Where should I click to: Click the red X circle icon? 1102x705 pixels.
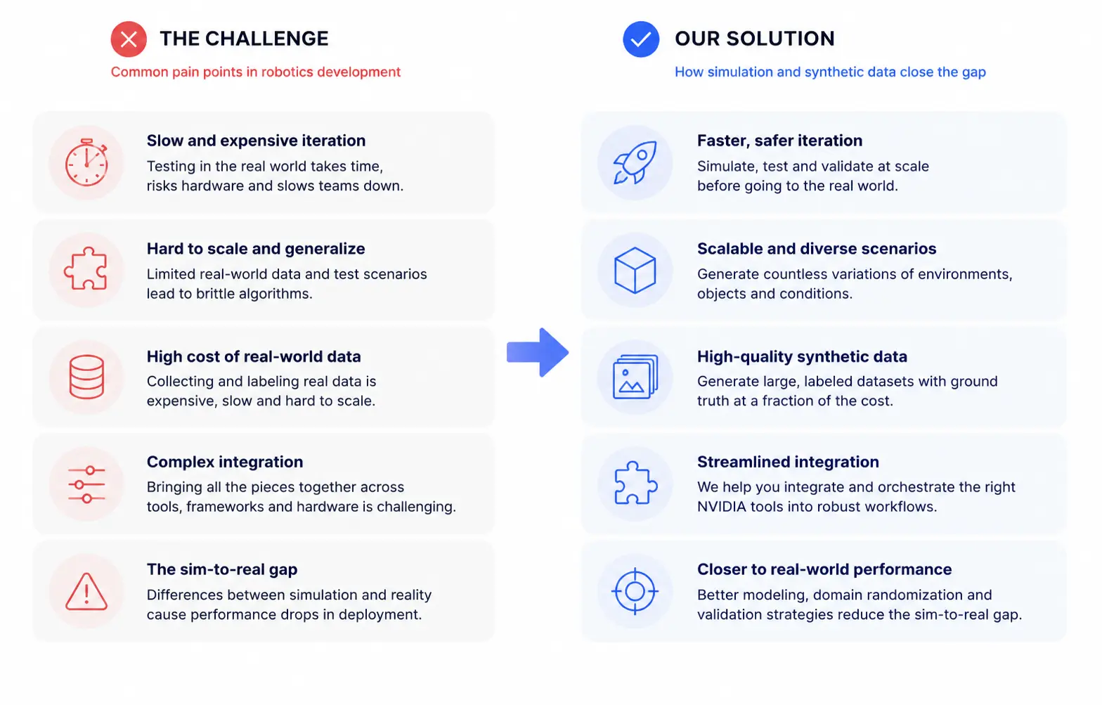[129, 39]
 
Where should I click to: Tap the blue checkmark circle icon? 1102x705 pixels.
[641, 39]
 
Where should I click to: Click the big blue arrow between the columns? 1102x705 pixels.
[538, 352]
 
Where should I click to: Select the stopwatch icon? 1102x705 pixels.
[86, 162]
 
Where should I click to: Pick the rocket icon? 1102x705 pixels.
[635, 163]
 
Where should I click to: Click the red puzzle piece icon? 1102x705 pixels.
[86, 268]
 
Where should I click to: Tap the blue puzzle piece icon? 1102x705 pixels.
[635, 483]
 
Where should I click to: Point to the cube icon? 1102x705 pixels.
[635, 270]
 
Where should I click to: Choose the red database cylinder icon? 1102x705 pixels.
[86, 377]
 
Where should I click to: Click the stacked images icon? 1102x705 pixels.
[635, 377]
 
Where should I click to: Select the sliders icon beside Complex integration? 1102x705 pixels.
[86, 484]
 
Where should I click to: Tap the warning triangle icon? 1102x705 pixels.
[86, 591]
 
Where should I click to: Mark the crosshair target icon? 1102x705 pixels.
[635, 591]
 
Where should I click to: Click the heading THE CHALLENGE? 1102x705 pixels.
[244, 39]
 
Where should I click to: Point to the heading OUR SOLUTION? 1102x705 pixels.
[755, 39]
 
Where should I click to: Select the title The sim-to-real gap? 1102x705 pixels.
[222, 569]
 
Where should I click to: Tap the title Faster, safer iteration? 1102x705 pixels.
[780, 141]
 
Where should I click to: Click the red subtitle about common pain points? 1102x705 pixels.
[255, 72]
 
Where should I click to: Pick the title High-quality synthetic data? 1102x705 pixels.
[802, 356]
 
